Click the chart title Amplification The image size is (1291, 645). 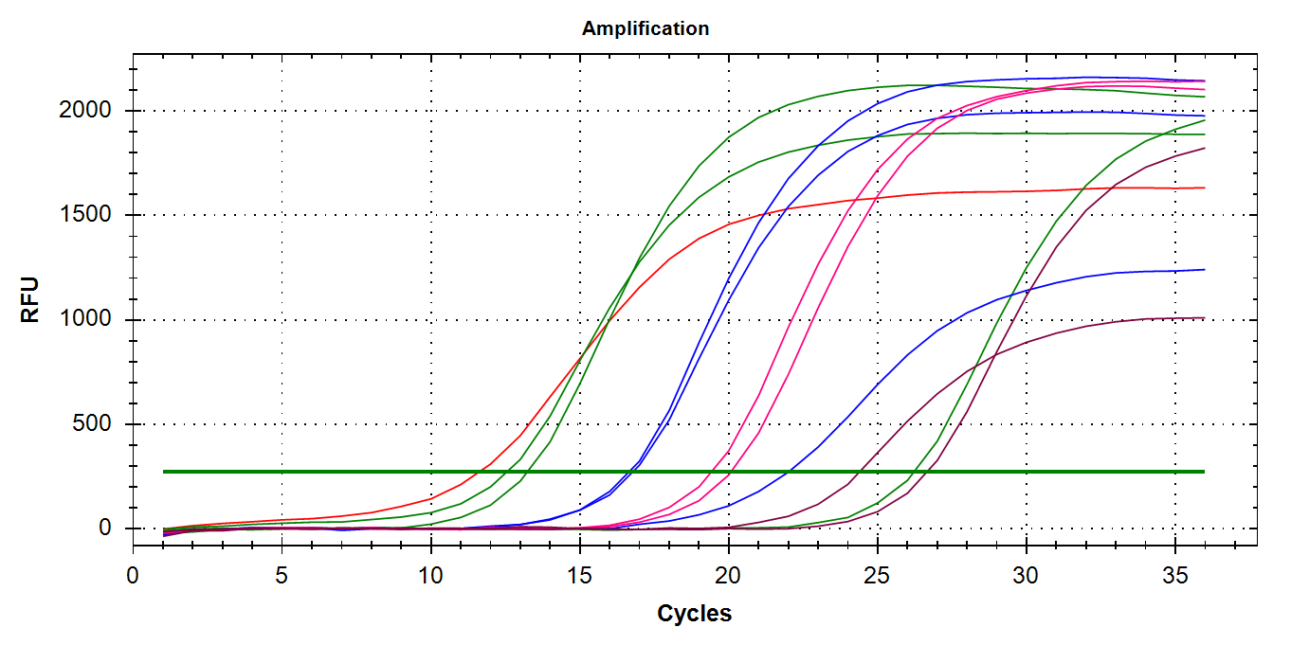click(645, 28)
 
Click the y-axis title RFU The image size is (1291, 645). click(31, 299)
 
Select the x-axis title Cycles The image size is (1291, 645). click(694, 614)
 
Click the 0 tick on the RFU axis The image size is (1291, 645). click(106, 529)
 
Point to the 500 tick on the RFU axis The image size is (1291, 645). click(93, 424)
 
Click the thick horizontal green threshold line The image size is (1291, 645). click(664, 471)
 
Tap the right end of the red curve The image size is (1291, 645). click(1204, 188)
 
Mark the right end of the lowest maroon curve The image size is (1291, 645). click(1204, 318)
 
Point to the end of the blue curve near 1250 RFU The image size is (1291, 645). click(1204, 270)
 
